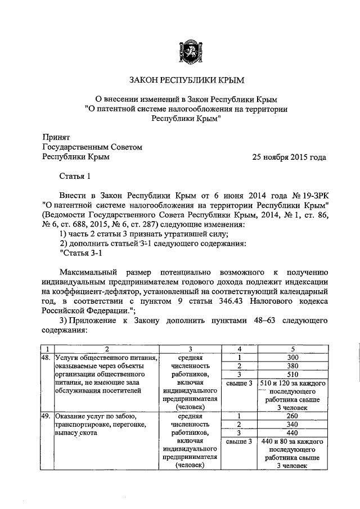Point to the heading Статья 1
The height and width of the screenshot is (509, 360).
click(75, 178)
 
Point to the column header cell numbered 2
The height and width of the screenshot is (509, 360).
click(106, 349)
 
